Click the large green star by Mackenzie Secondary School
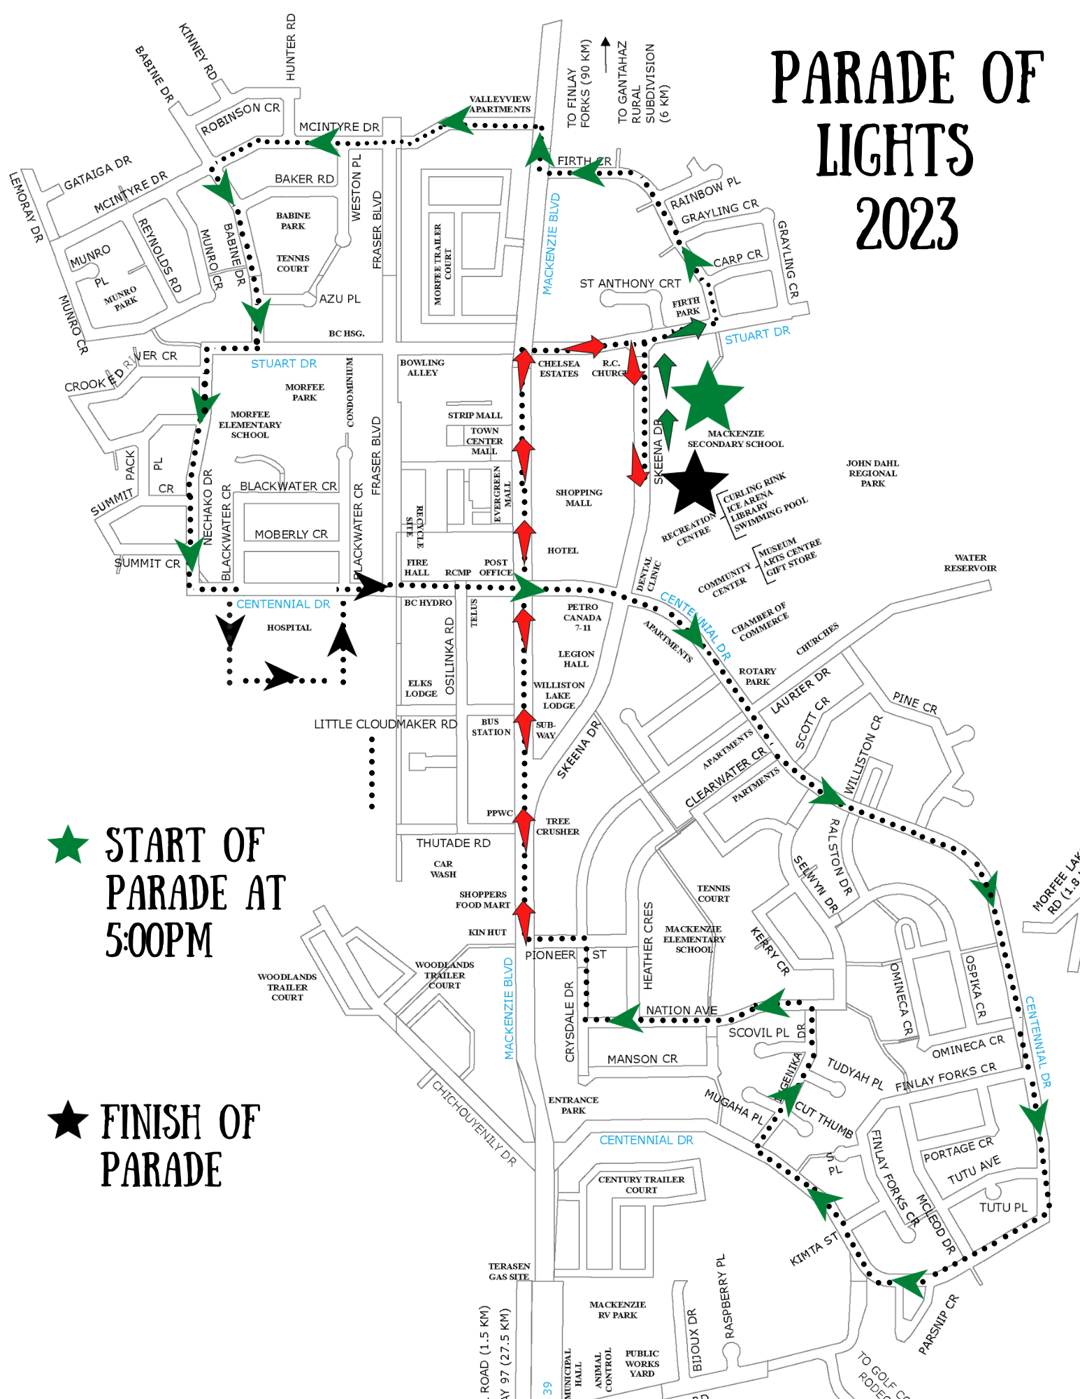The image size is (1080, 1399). click(707, 398)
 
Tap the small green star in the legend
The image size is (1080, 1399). click(68, 845)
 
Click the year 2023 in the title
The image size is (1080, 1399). click(907, 224)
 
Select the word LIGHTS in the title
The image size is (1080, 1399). click(894, 150)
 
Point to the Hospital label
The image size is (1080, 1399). click(289, 627)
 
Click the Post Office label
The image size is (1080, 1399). click(496, 567)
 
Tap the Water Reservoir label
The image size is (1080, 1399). click(970, 563)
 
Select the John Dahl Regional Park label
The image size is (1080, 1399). click(872, 473)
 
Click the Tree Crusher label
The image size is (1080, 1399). click(557, 826)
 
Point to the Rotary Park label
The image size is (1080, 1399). click(757, 676)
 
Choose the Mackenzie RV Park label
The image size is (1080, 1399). click(617, 1309)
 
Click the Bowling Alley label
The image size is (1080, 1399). click(422, 367)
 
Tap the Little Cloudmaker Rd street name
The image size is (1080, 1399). click(384, 724)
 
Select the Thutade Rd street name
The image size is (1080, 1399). click(453, 843)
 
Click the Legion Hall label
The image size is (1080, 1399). click(576, 659)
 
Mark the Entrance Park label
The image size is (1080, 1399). click(573, 1105)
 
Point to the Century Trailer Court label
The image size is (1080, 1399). click(641, 1184)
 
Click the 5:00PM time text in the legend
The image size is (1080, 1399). click(159, 939)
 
